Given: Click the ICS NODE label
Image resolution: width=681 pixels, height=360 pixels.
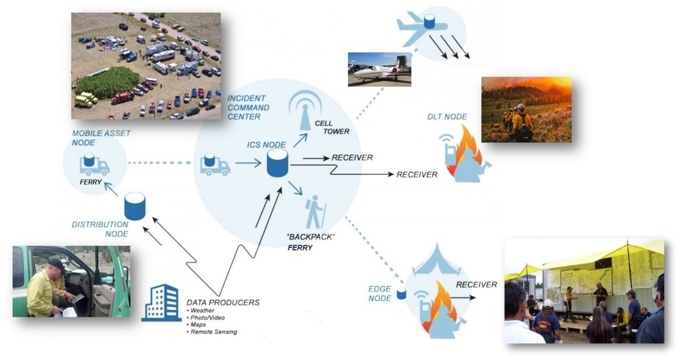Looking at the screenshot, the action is [266, 145].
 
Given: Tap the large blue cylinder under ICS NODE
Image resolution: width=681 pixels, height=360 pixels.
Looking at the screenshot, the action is [278, 163].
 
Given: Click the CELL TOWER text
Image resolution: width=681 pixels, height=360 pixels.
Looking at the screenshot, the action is [331, 128].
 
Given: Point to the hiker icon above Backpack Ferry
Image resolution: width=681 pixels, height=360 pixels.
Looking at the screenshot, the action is [315, 212].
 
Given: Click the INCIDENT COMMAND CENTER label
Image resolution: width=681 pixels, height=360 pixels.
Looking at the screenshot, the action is [249, 107].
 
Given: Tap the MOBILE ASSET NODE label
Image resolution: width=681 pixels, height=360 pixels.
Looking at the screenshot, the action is [101, 138].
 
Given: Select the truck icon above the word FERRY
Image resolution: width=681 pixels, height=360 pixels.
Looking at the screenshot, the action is [94, 164].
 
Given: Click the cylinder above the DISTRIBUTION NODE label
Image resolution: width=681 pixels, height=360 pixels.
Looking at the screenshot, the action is [134, 206].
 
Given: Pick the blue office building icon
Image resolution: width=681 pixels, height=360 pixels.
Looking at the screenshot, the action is [161, 303].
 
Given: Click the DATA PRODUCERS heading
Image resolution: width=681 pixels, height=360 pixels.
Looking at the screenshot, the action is [223, 303].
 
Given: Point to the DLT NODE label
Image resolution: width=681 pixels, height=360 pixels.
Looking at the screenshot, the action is [447, 116].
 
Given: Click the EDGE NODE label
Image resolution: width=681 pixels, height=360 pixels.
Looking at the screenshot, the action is [380, 294].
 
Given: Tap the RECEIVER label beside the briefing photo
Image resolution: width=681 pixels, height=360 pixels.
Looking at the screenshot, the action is [476, 284].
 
